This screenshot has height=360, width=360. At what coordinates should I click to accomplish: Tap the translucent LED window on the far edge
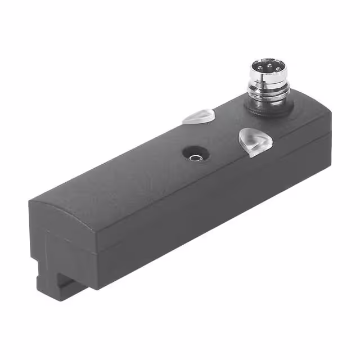point(198,116)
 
